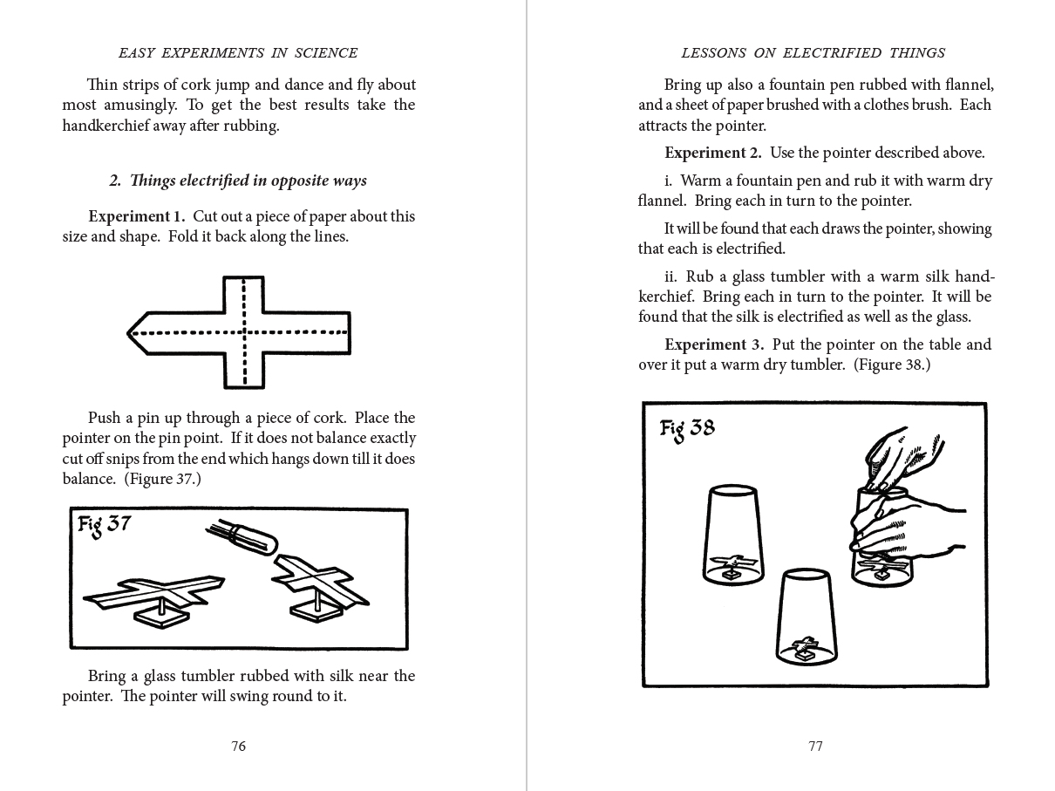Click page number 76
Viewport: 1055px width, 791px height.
pos(239,746)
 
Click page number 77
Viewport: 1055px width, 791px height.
pos(815,746)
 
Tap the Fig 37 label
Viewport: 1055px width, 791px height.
pos(104,526)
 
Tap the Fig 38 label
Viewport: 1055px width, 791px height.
pos(687,429)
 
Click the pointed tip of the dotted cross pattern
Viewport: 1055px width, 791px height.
pos(132,332)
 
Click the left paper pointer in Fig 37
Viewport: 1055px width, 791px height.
pos(155,592)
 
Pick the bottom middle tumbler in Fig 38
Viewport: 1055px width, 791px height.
pos(807,616)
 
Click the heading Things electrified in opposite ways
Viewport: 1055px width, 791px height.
pos(238,181)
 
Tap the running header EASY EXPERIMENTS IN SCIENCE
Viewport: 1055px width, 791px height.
pos(238,53)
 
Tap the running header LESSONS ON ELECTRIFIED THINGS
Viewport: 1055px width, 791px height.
pos(813,53)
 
